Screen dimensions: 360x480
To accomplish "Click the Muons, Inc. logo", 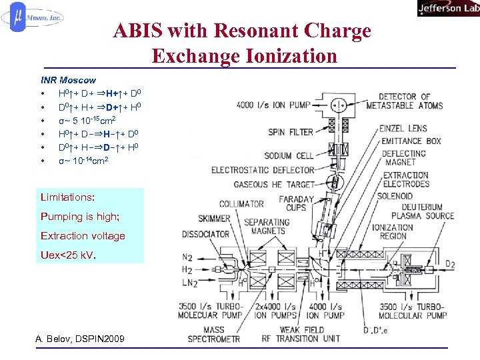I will [x=33, y=19].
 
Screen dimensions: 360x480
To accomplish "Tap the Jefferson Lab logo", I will [x=447, y=8].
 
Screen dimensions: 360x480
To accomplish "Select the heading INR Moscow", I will [x=68, y=80].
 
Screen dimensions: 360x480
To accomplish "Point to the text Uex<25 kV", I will [x=68, y=255].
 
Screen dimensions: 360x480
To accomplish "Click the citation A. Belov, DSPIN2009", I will [x=79, y=340].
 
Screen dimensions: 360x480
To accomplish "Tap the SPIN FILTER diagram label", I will [x=291, y=132].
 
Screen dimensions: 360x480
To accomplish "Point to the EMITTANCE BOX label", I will [x=411, y=141].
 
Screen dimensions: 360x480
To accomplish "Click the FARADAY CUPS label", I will [x=296, y=203].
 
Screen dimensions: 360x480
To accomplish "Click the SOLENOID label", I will [x=395, y=197].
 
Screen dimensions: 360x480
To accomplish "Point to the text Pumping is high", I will [x=79, y=217].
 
